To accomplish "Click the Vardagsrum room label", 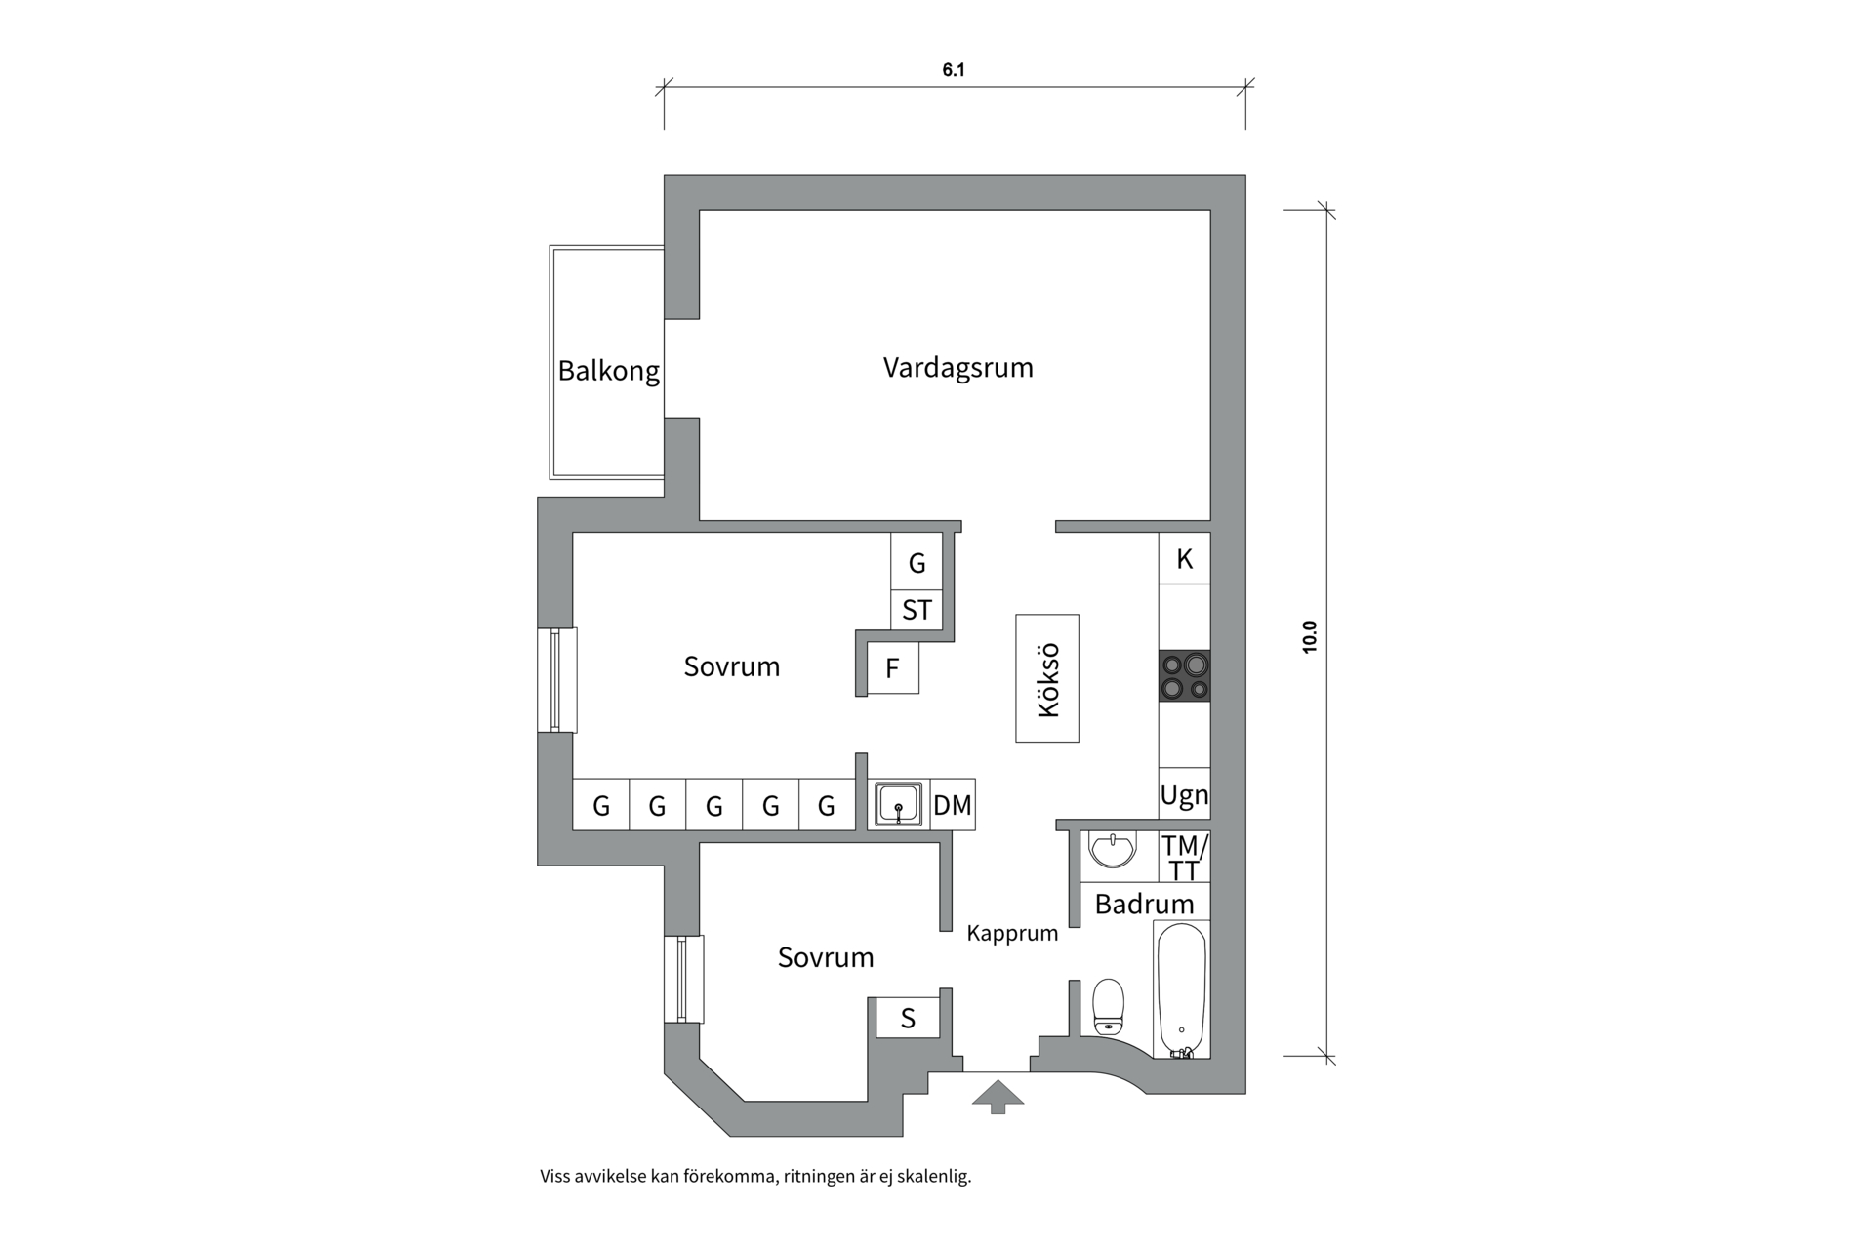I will tap(957, 368).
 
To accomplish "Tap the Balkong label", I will tap(608, 371).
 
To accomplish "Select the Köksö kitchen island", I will tap(1047, 678).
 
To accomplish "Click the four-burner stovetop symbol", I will tap(1184, 676).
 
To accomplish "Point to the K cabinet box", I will tap(1184, 559).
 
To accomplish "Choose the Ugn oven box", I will tap(1184, 795).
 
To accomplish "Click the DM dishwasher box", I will tap(953, 805).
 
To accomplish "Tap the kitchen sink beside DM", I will tap(899, 805).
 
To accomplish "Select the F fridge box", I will tap(892, 669).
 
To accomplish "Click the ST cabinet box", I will tap(917, 611).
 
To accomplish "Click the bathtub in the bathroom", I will tap(1181, 989).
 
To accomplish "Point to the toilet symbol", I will tap(1108, 1007).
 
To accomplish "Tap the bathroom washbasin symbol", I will tap(1112, 848).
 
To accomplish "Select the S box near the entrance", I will tap(908, 1019).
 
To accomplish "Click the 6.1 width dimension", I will tap(954, 70).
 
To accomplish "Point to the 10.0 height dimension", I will tap(1310, 636).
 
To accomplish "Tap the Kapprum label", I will tap(1012, 934).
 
